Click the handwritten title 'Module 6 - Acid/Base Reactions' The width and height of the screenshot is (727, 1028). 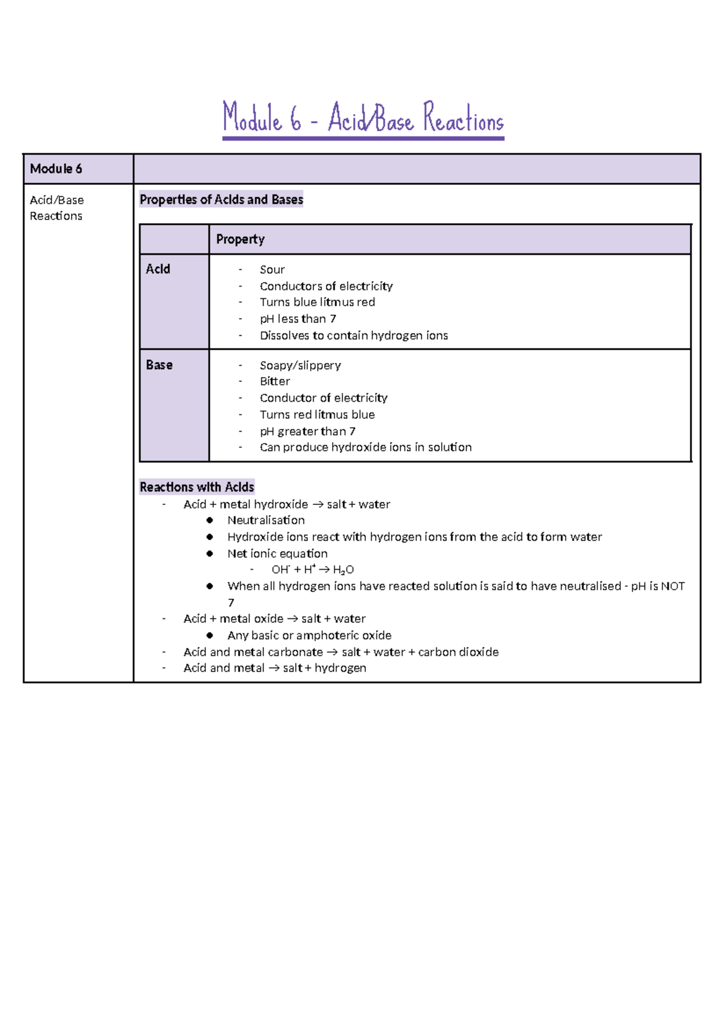[363, 118]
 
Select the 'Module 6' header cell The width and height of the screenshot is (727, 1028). [56, 169]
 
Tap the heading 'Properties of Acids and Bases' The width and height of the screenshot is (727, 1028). [221, 199]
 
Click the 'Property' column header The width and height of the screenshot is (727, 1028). [241, 239]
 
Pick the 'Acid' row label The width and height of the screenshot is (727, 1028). [158, 269]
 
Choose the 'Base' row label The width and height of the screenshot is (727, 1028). [159, 365]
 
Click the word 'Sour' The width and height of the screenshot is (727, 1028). [272, 270]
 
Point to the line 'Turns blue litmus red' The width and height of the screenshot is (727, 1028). [317, 302]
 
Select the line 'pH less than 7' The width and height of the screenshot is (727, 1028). [297, 319]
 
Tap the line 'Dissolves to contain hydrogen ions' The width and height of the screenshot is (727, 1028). [353, 336]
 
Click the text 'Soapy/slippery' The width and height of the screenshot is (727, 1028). [300, 365]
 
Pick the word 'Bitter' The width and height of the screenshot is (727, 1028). [274, 382]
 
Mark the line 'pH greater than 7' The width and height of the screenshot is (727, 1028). [307, 432]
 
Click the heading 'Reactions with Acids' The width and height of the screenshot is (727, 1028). [197, 487]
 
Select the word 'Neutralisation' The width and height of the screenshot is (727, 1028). [266, 521]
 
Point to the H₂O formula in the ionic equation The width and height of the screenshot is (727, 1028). [343, 570]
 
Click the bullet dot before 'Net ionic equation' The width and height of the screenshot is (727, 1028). [210, 553]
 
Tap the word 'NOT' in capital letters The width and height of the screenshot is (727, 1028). [672, 587]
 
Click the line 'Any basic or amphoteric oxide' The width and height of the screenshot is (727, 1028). [309, 636]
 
